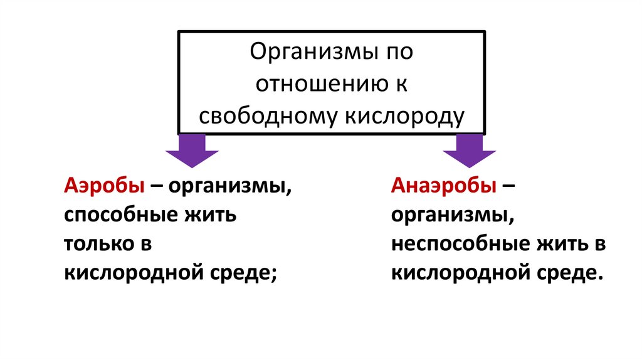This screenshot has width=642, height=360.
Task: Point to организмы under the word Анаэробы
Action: point(450,215)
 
